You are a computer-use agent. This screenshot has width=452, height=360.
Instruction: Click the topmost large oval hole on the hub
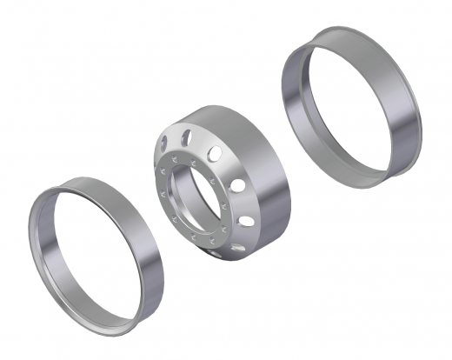pos(186,136)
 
